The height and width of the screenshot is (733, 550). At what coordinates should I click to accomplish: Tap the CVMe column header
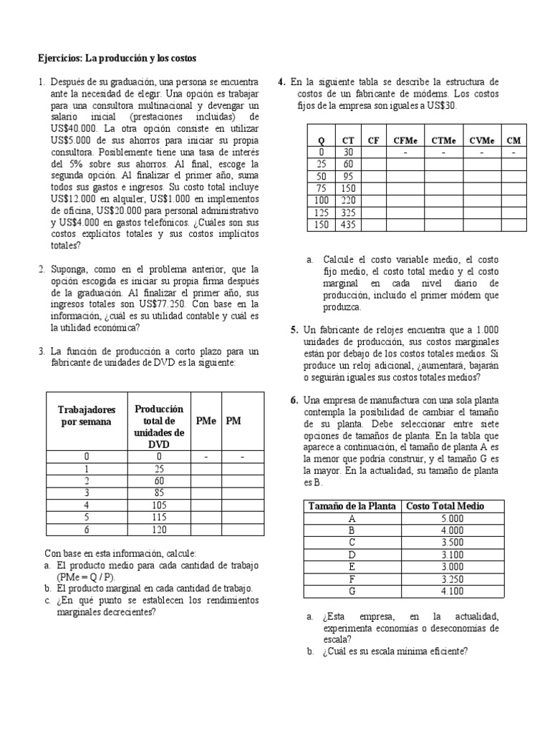click(483, 140)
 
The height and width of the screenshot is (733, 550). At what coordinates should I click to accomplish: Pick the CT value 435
click(348, 225)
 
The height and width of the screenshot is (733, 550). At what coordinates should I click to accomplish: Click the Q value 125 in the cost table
click(322, 213)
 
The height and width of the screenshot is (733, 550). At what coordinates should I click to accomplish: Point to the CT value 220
click(348, 201)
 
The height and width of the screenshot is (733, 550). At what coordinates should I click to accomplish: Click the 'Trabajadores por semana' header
click(87, 415)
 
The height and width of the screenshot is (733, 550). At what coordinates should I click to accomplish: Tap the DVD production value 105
click(160, 505)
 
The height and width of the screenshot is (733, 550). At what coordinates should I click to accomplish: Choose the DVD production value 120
click(160, 530)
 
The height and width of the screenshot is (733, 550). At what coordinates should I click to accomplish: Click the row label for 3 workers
click(87, 493)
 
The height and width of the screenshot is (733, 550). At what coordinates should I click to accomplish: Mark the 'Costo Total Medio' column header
click(445, 506)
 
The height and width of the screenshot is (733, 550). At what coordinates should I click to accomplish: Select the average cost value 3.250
click(453, 579)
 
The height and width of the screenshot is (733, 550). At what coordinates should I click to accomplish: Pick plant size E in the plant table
click(352, 567)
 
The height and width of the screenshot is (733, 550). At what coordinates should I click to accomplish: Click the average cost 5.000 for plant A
click(453, 518)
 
